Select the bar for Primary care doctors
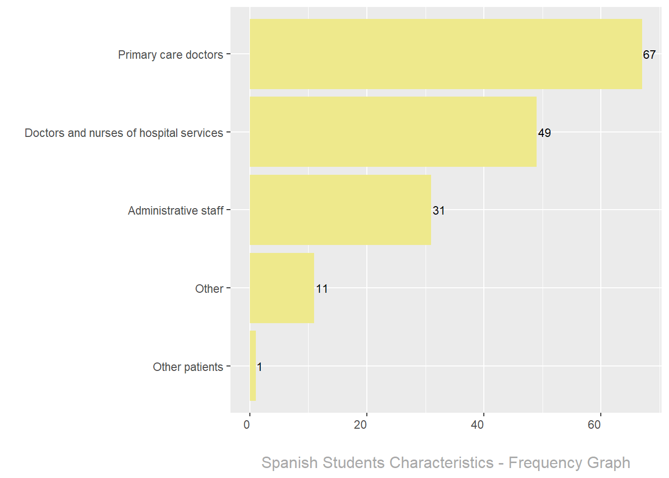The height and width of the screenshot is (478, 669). point(446,54)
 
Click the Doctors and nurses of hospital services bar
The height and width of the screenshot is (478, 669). point(393,132)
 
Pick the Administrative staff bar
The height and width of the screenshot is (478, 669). point(340,210)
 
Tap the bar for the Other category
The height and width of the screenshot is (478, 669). point(282,288)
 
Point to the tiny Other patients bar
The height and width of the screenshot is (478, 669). point(253,366)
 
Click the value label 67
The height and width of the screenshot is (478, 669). point(649,55)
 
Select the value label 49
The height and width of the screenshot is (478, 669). point(544,133)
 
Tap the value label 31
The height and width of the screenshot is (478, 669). point(439,211)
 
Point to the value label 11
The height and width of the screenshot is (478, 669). point(322,289)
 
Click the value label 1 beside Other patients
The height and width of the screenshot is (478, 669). point(259,367)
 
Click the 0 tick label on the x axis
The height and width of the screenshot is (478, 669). point(247,425)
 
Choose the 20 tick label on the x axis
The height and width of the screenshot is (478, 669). point(360,425)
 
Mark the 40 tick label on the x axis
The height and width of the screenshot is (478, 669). point(477,425)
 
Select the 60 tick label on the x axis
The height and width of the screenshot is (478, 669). point(594,425)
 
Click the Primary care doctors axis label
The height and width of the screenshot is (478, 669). point(170,55)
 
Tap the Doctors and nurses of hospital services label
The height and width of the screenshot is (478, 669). point(124,133)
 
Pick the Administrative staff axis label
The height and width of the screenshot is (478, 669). point(176,211)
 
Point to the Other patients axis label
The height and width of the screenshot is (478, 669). point(188,367)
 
